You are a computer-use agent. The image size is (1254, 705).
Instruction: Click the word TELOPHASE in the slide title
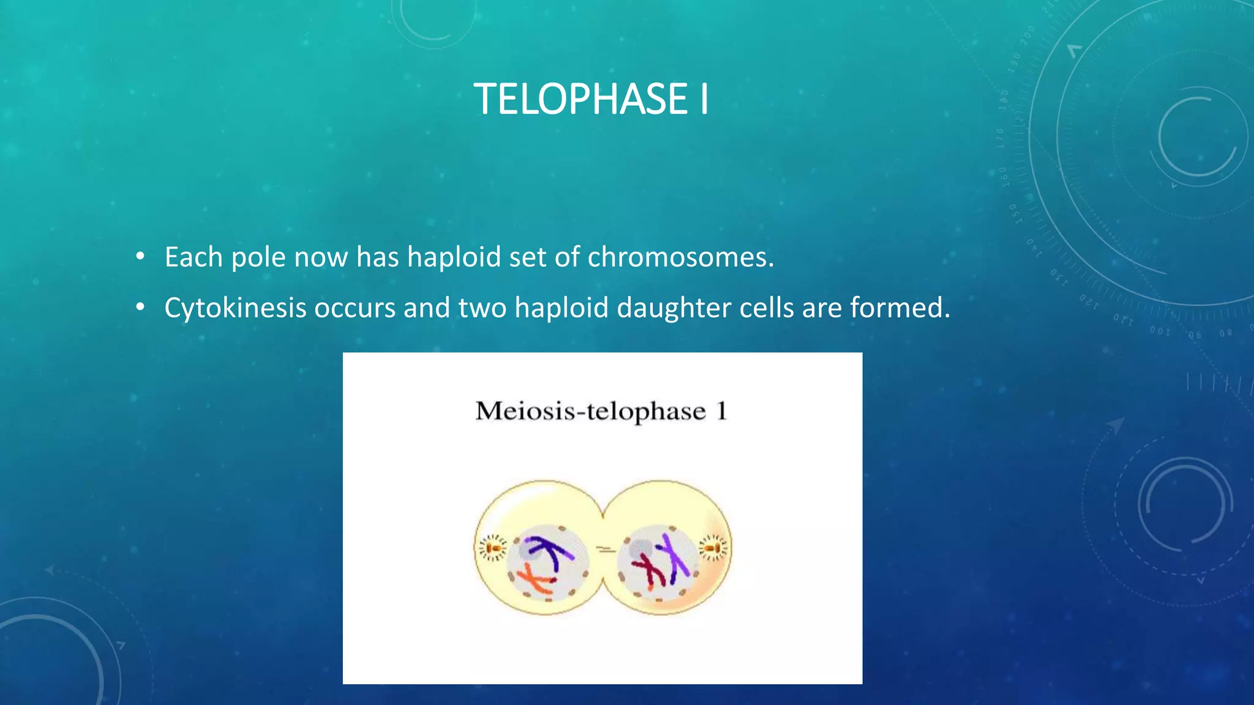(580, 99)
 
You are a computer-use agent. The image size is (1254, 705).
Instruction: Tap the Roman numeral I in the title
(704, 99)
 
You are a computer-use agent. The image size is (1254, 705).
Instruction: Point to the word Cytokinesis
(235, 308)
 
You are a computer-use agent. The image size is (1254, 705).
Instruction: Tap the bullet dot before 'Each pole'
(140, 257)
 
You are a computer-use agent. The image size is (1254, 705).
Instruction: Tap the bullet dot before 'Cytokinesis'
(140, 308)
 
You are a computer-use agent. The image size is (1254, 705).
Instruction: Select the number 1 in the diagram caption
(722, 411)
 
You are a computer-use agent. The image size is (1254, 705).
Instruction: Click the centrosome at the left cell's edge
(492, 548)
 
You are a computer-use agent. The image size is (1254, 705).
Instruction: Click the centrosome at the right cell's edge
(713, 548)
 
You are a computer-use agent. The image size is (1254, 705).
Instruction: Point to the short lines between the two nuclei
(606, 550)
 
